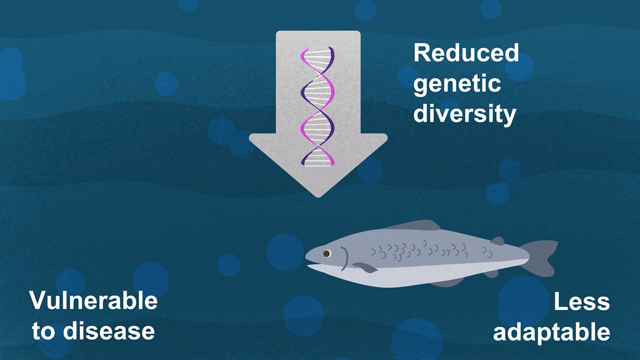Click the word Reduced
tap(466, 53)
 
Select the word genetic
tap(457, 84)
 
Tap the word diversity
tap(465, 114)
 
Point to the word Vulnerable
tap(94, 300)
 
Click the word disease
tap(109, 331)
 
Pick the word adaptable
tap(552, 333)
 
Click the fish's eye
tap(327, 253)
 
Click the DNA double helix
tap(317, 106)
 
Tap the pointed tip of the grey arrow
tap(318, 197)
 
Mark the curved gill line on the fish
tap(345, 259)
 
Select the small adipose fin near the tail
tap(497, 241)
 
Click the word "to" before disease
tap(45, 331)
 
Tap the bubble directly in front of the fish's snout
tap(285, 253)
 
